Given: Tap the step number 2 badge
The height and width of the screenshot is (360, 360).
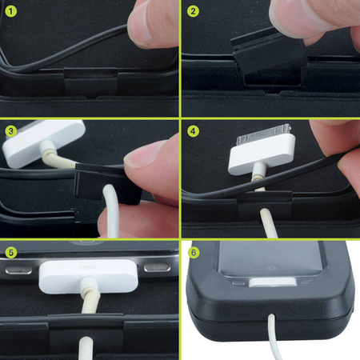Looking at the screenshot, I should (x=192, y=10).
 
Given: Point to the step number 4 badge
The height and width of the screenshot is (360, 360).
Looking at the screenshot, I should (x=192, y=130).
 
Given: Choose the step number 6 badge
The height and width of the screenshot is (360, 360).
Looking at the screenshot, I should (x=192, y=250).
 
